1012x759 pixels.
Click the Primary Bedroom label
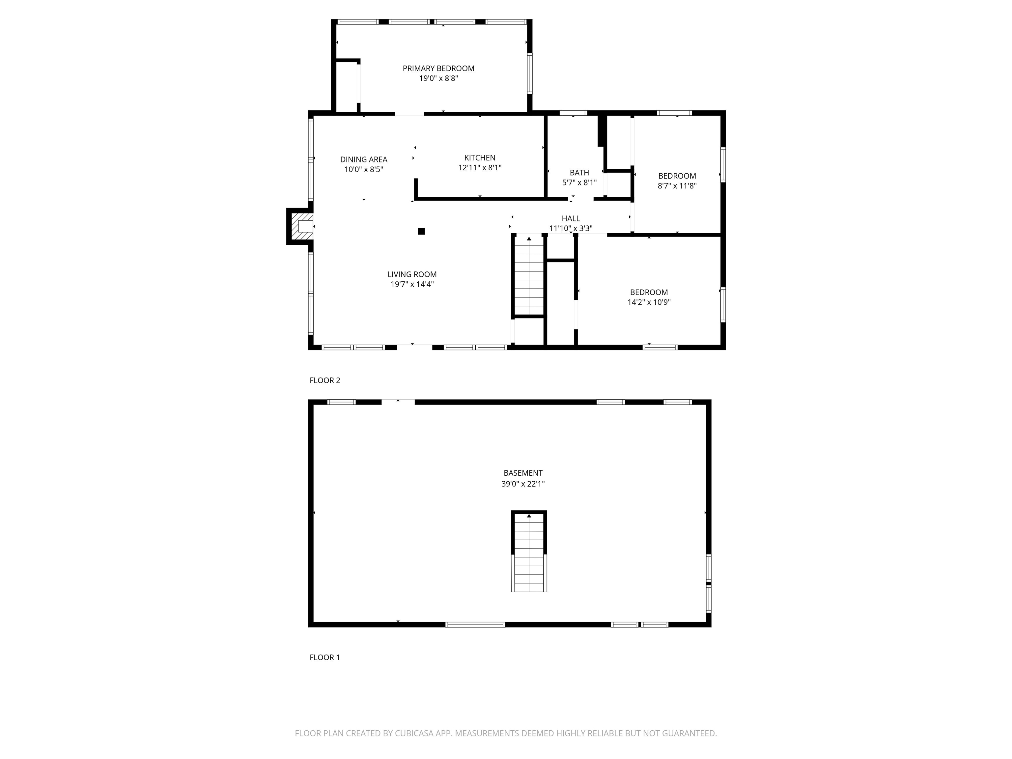[x=438, y=69]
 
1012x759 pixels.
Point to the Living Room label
[x=412, y=274]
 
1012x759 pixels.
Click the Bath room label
[x=579, y=173]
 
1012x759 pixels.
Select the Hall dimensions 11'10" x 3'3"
[x=571, y=228]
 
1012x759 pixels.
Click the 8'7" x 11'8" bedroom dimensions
[x=677, y=186]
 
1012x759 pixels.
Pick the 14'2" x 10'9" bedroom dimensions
[x=649, y=302]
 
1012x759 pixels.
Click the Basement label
[x=523, y=473]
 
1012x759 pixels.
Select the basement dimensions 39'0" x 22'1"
[x=523, y=484]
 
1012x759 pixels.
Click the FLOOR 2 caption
[x=325, y=380]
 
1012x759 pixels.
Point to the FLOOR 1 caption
[x=324, y=658]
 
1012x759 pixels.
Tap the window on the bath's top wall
[x=573, y=113]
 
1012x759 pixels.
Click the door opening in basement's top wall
[x=398, y=402]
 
